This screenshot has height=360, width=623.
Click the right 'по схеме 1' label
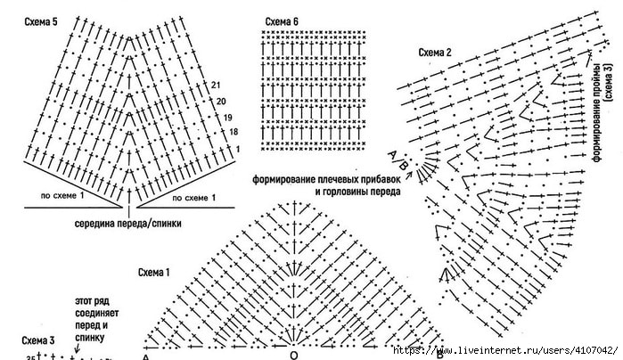tap(190, 197)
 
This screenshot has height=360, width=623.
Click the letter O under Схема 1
tap(294, 355)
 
